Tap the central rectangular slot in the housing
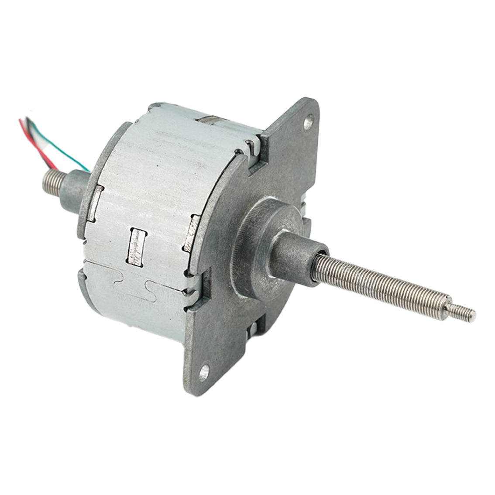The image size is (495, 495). (x=136, y=246)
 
